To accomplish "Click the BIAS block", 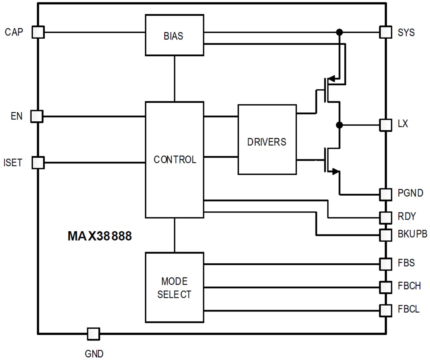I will (x=174, y=35).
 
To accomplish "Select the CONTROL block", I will (x=174, y=160).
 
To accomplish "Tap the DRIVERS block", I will (x=267, y=139).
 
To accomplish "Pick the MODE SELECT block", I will (x=174, y=288).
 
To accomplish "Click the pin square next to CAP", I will (x=38, y=32).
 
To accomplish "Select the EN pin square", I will (x=37, y=116).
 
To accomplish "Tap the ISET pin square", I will (x=38, y=162).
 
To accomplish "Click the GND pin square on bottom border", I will (x=93, y=334).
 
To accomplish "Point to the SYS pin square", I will (x=385, y=32).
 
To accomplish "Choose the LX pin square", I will (x=385, y=125).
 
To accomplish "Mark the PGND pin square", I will (x=385, y=194).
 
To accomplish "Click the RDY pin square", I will (x=385, y=217).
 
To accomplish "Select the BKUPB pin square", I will (x=385, y=235).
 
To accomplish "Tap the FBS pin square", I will (x=385, y=264).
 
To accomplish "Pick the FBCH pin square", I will (x=385, y=287).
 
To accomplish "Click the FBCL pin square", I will (x=385, y=310).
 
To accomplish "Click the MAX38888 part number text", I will (x=100, y=236).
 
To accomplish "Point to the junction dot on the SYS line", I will (x=339, y=32).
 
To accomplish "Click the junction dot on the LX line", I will (x=339, y=125).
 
